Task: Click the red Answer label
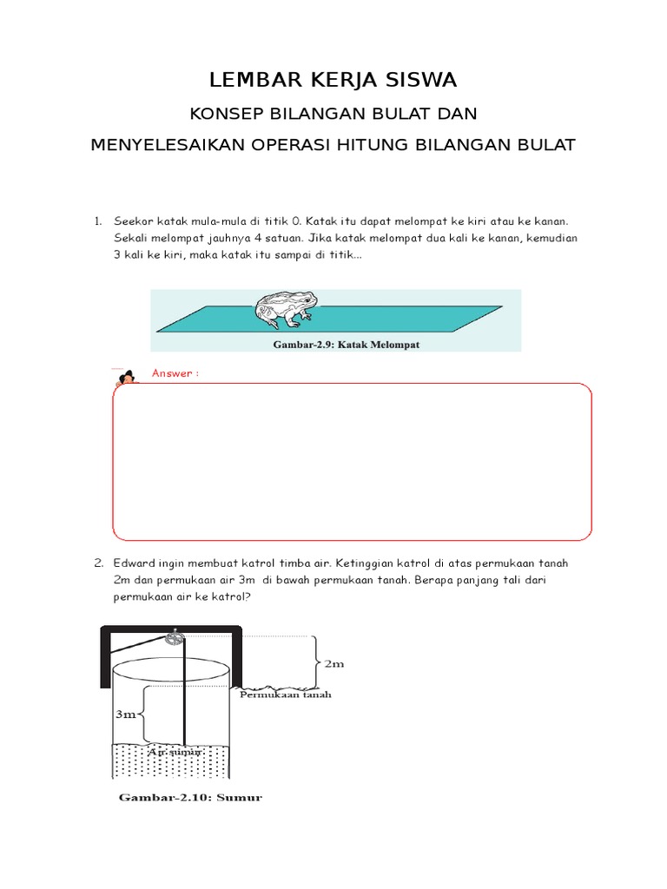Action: pos(175,373)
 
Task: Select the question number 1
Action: pos(99,222)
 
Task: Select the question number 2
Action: pos(99,563)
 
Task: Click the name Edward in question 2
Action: pos(135,563)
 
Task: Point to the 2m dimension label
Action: pos(334,664)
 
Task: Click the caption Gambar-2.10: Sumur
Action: pos(190,797)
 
